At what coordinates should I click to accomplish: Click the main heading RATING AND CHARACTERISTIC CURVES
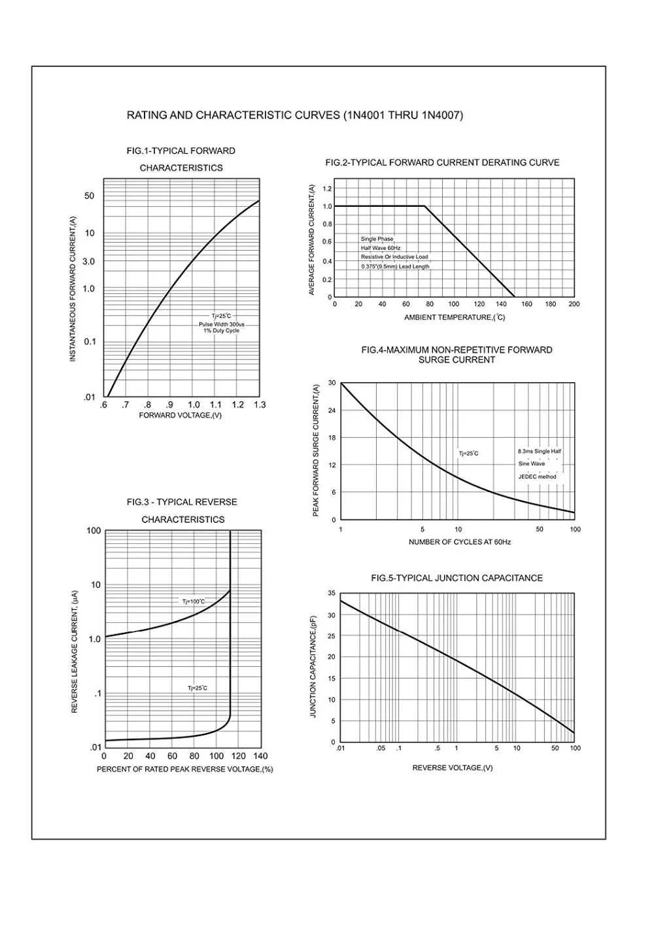[294, 116]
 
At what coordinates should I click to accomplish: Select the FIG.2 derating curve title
[442, 163]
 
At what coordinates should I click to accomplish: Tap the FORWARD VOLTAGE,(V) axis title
[181, 416]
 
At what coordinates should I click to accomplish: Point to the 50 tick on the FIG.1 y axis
[89, 196]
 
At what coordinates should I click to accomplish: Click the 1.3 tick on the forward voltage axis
[260, 405]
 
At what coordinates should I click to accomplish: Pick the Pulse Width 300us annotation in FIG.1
[222, 325]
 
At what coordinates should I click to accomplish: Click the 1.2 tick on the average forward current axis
[327, 189]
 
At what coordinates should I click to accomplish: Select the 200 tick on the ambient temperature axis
[574, 304]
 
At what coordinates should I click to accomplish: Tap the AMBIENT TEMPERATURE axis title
[455, 317]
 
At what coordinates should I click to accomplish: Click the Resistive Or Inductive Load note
[394, 257]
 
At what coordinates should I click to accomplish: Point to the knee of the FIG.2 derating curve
[425, 206]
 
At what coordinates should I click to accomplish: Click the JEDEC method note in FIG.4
[537, 477]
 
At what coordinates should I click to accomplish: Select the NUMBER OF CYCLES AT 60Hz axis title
[460, 543]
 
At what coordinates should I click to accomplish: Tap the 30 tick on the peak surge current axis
[332, 383]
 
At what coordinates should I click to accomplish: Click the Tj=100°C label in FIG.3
[194, 601]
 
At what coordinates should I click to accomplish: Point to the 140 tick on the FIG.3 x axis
[260, 757]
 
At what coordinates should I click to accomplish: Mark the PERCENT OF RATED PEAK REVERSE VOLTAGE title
[185, 770]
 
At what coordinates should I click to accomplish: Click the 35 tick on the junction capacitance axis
[332, 594]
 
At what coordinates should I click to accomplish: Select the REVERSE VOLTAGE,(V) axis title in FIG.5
[453, 768]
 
